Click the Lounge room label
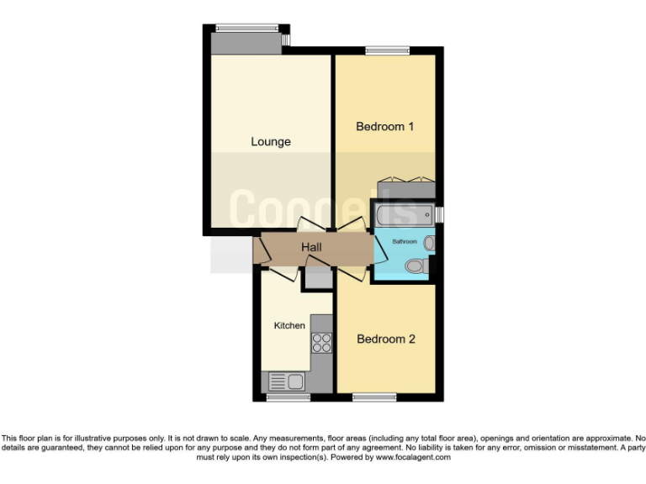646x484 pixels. (x=270, y=141)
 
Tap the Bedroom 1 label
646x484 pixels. (x=385, y=127)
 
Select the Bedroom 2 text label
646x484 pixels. (x=386, y=339)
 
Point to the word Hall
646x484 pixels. (x=312, y=247)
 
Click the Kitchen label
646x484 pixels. (x=289, y=325)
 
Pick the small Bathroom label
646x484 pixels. (x=404, y=241)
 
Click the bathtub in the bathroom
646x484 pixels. (x=405, y=214)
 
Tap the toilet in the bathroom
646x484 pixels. (x=415, y=266)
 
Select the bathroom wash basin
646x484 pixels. (x=429, y=243)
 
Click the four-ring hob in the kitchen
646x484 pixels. (x=321, y=343)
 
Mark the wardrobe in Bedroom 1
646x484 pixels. (x=405, y=188)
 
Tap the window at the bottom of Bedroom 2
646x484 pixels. (x=374, y=397)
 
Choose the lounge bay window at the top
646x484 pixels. (x=246, y=28)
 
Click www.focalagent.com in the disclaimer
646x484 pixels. (x=413, y=458)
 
